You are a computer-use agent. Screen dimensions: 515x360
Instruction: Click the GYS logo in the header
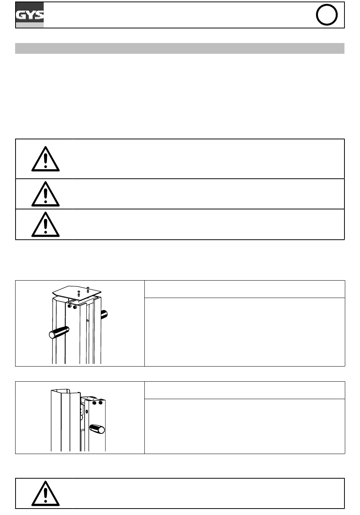pos(30,15)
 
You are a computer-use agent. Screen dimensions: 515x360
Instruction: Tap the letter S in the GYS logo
pos(39,16)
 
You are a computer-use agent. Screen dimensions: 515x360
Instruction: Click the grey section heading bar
pos(180,48)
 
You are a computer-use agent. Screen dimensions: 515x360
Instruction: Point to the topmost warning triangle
pos(45,159)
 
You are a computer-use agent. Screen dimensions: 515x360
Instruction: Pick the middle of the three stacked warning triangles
pos(45,194)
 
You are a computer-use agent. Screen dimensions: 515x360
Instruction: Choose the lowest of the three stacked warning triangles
pos(45,225)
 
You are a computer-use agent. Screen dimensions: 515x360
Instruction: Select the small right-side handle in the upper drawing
pos(104,314)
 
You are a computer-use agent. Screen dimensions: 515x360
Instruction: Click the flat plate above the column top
pos(77,292)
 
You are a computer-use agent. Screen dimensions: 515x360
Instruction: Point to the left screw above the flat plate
pos(78,292)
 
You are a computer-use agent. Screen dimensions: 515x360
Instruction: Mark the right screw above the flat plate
pos(88,289)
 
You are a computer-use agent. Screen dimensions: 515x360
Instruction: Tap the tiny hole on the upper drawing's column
pos(88,320)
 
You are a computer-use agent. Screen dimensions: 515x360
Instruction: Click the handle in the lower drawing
pos(97,429)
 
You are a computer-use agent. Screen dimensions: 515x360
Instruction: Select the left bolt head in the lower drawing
pos(94,403)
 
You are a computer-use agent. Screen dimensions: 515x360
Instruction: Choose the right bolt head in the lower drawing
pos(100,403)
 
